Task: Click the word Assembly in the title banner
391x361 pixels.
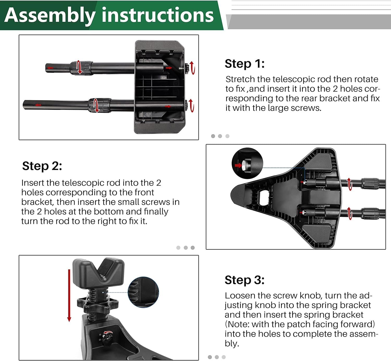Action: point(50,15)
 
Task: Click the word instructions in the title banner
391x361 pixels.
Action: point(157,15)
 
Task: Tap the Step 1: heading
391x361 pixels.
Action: point(245,64)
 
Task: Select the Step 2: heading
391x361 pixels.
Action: point(42,166)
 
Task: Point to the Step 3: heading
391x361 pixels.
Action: point(245,280)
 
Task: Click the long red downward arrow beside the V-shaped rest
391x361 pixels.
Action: point(69,296)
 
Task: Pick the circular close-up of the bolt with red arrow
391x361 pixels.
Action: point(247,163)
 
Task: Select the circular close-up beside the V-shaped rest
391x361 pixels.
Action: point(143,292)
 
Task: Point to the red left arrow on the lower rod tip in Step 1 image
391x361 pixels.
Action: point(38,105)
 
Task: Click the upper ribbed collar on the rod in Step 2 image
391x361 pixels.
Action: point(370,183)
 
